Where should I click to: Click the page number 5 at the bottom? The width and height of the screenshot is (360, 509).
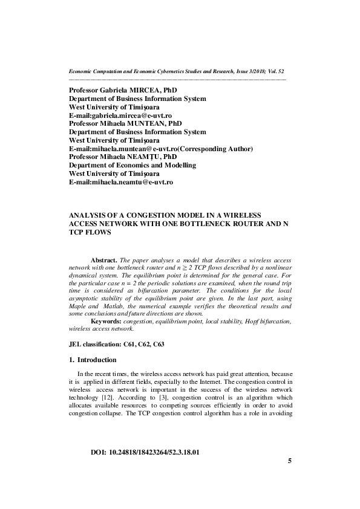290,478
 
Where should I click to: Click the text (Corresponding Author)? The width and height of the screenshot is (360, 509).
215,148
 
